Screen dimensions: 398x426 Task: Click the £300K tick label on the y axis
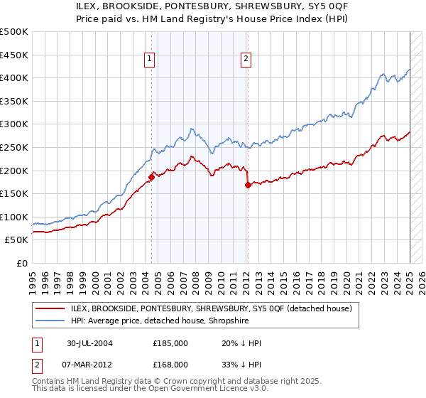(14, 124)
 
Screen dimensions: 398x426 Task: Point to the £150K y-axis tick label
(14, 193)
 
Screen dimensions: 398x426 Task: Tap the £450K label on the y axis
(14, 55)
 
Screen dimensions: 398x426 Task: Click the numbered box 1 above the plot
(151, 60)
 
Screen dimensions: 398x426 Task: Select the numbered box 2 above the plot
(246, 60)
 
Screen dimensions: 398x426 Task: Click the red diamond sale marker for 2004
(151, 177)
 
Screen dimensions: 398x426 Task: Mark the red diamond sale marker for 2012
(247, 185)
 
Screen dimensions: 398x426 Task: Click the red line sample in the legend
(51, 308)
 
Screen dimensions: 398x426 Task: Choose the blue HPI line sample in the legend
(51, 321)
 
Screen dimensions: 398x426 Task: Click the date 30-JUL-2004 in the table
(90, 343)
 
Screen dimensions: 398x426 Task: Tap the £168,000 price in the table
(170, 364)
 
